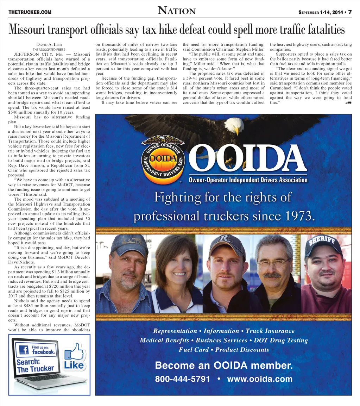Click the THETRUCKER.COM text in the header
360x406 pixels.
coord(30,12)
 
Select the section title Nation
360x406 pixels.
coord(177,11)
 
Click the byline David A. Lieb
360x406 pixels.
coord(49,45)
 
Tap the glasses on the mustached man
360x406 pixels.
coord(273,262)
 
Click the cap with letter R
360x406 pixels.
coord(226,243)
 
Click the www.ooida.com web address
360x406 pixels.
coord(260,379)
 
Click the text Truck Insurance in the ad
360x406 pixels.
coord(270,331)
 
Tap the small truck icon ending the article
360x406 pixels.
coord(348,103)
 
